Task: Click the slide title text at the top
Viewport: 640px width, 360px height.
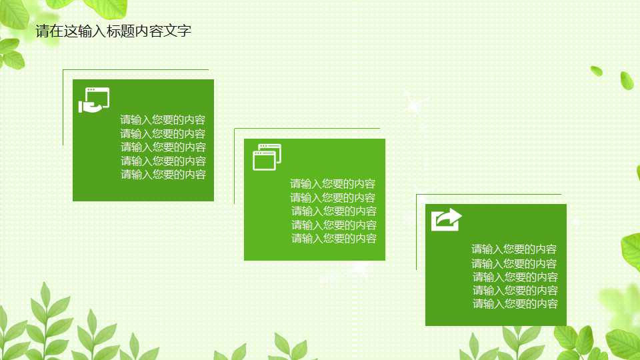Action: coord(113,31)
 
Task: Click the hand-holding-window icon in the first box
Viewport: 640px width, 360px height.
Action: coord(93,100)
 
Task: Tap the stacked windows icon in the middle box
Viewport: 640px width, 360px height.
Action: coord(267,157)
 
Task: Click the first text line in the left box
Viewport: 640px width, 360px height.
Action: coord(163,120)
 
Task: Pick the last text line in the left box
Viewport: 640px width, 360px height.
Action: coord(163,175)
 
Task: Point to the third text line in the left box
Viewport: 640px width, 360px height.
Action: coord(163,147)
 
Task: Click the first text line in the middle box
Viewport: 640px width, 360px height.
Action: coord(333,184)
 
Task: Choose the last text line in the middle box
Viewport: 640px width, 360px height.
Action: coord(334,239)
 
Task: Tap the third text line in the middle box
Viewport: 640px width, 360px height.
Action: coord(334,211)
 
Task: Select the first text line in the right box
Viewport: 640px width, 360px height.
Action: coord(514,249)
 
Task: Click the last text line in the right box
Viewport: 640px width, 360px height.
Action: coord(515,304)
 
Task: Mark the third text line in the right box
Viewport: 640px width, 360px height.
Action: coord(515,277)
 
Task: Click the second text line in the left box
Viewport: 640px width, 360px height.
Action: coord(163,133)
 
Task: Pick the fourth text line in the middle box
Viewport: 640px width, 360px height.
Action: coord(334,225)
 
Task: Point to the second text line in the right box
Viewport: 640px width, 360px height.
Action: coord(514,263)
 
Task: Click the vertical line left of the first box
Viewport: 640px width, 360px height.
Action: coord(63,107)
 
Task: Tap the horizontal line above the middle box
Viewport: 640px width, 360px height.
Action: coord(307,129)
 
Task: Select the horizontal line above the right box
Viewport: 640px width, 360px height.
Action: coord(489,195)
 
